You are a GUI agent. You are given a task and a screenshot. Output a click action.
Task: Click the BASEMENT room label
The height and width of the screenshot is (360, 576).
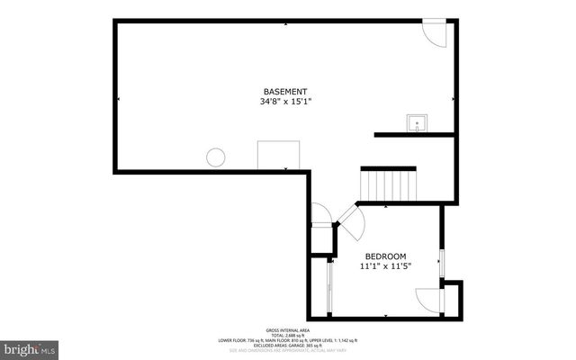[285, 92]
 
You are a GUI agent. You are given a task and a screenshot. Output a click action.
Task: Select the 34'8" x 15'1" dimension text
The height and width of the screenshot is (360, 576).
[285, 102]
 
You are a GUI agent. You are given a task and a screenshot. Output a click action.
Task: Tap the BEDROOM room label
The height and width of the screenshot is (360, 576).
[385, 256]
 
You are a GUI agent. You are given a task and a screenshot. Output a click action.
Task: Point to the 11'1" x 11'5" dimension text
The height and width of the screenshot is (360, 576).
[385, 266]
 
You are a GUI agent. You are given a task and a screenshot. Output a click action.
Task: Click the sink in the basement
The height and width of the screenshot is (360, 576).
[418, 123]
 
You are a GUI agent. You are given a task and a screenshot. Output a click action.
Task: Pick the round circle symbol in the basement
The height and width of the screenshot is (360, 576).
[215, 157]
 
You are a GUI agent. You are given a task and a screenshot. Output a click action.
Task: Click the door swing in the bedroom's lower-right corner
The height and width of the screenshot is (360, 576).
[428, 301]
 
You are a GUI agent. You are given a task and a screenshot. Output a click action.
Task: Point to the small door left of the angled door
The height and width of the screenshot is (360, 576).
[321, 215]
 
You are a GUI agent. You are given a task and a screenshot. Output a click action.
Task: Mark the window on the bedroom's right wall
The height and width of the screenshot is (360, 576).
[441, 261]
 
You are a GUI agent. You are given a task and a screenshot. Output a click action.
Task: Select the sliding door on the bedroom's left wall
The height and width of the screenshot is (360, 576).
[328, 286]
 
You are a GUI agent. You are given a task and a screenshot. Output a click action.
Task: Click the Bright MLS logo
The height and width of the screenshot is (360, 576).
[29, 347]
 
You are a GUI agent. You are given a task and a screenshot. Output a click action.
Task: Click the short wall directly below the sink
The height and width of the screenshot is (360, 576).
[414, 135]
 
